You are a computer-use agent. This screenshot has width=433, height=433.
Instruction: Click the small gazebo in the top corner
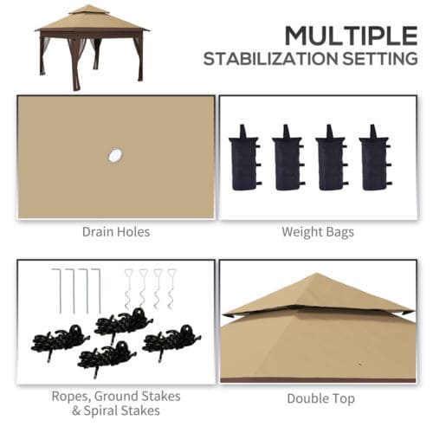click(90, 44)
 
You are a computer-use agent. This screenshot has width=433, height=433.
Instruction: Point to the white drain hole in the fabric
click(114, 155)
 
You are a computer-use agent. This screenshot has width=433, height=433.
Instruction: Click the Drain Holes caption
click(116, 231)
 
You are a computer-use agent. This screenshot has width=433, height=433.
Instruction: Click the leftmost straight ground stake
click(55, 290)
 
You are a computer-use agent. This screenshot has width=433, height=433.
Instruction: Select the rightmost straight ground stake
click(97, 290)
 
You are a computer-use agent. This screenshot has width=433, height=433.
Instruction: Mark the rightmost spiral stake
click(172, 288)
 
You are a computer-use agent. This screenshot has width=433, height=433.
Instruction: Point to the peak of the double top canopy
click(317, 276)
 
